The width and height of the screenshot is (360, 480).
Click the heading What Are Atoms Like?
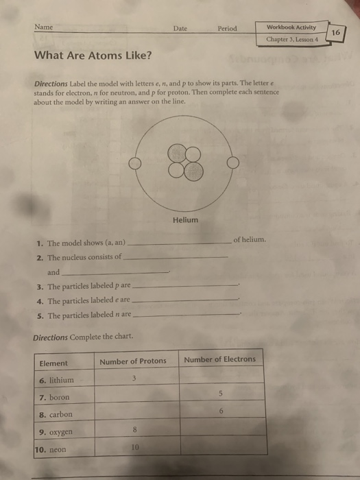click(x=93, y=56)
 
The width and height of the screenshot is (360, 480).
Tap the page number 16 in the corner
click(x=335, y=32)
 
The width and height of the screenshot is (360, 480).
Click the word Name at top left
click(x=44, y=27)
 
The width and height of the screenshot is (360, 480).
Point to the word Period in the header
click(x=227, y=28)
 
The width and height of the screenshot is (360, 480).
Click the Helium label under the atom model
click(x=185, y=220)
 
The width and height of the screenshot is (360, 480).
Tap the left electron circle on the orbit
click(x=137, y=164)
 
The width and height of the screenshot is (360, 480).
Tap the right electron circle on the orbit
click(x=233, y=163)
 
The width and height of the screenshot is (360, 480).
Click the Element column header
click(x=54, y=363)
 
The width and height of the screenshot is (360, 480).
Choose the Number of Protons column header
click(x=133, y=361)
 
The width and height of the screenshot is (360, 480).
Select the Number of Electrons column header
click(x=219, y=359)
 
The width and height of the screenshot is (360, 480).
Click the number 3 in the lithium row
click(x=134, y=379)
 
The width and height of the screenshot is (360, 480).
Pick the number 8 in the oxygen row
click(x=134, y=430)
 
